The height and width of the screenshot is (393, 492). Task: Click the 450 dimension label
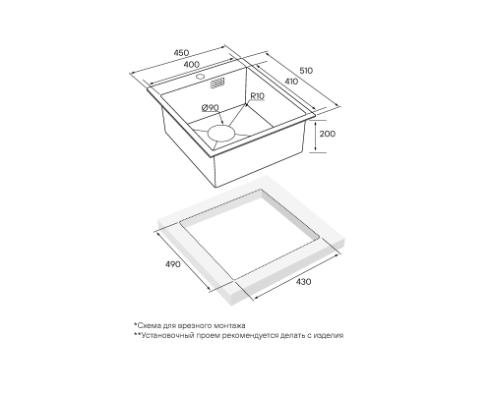(x=181, y=53)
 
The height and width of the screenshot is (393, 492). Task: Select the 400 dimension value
(x=191, y=64)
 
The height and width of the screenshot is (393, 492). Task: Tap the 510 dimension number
(x=306, y=71)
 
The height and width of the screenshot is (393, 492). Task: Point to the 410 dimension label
(x=291, y=81)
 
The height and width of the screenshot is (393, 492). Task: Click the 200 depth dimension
(x=328, y=134)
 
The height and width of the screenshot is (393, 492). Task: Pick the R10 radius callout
(x=257, y=96)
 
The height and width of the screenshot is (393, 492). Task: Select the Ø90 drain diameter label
(x=210, y=107)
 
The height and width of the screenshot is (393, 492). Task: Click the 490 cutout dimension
(x=172, y=264)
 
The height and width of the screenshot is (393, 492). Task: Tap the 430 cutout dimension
(x=303, y=282)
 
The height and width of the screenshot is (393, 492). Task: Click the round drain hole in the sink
(x=221, y=134)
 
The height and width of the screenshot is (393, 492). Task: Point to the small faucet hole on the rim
(x=200, y=78)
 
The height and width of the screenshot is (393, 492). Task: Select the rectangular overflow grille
(x=217, y=84)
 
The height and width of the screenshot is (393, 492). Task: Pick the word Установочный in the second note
(x=164, y=335)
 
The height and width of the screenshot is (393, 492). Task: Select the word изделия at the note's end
(x=329, y=335)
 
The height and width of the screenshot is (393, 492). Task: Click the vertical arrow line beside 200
(x=315, y=137)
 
